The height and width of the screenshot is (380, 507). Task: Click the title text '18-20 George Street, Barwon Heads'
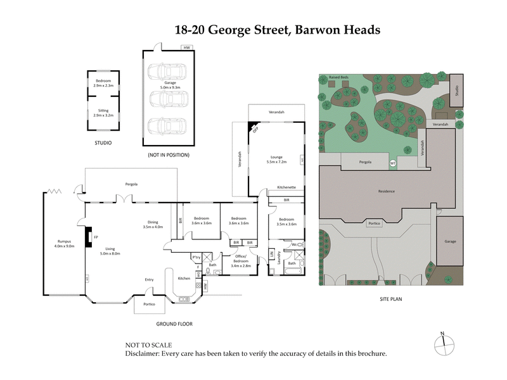point(278,30)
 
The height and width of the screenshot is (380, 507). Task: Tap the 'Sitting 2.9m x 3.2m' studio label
point(103,114)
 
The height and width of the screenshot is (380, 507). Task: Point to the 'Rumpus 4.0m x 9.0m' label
point(65,243)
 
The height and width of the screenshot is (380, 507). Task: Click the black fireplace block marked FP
point(89,236)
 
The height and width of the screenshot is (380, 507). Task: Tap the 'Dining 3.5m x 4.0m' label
point(153,224)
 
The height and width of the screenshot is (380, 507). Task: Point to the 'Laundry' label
point(279,258)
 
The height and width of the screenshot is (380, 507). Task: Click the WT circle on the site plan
point(392,163)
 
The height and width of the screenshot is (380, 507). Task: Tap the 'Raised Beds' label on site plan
point(338,77)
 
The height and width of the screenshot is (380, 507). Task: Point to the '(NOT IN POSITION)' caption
point(167,155)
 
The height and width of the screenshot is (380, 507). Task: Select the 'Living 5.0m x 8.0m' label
point(113,251)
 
